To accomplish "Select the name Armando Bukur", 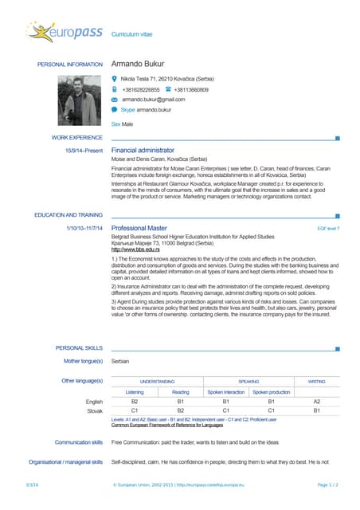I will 143,65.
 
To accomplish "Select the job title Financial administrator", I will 143,150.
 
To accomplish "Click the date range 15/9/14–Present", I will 84,150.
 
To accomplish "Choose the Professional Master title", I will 139,228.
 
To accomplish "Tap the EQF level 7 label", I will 328,229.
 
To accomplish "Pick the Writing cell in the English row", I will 316,402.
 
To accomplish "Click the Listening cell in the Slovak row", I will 135,410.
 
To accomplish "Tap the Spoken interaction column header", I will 226,392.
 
